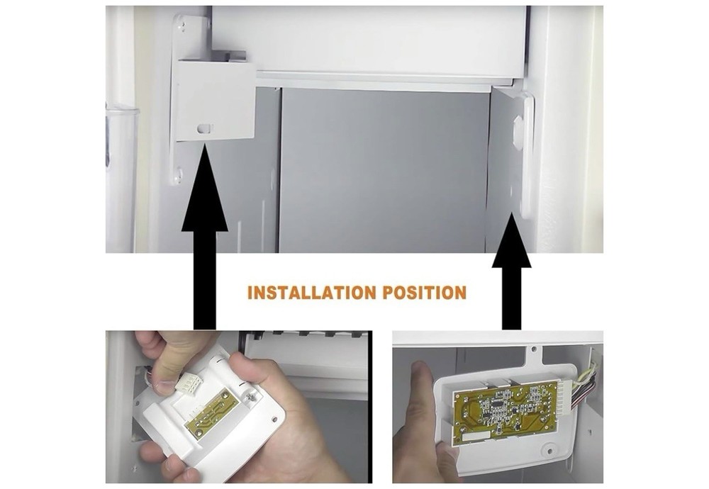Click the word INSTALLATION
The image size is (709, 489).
pyautogui.click(x=312, y=293)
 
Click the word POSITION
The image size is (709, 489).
pyautogui.click(x=425, y=293)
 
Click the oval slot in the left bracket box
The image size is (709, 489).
pyautogui.click(x=204, y=128)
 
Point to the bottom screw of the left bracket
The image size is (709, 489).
pyautogui.click(x=179, y=174)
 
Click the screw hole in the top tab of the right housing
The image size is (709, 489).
pyautogui.click(x=534, y=349)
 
